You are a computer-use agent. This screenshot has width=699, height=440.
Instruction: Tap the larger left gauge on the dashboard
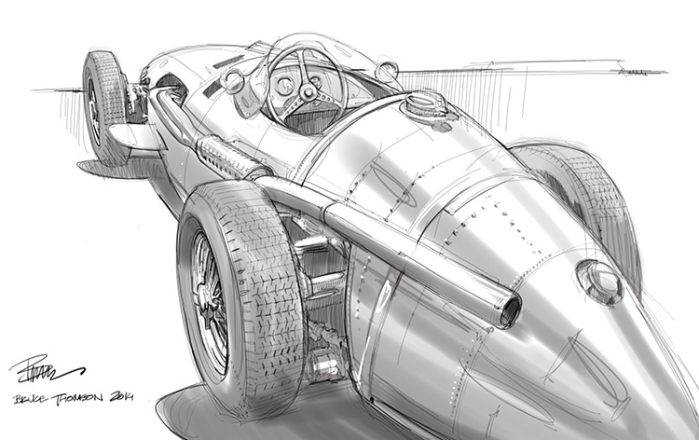(284, 85)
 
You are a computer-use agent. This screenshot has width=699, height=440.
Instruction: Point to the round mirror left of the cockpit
(232, 82)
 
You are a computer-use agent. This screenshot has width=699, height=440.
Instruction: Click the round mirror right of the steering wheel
(387, 71)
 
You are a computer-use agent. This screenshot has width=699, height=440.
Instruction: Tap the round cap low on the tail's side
(599, 281)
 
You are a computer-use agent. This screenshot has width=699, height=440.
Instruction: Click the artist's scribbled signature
(42, 372)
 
